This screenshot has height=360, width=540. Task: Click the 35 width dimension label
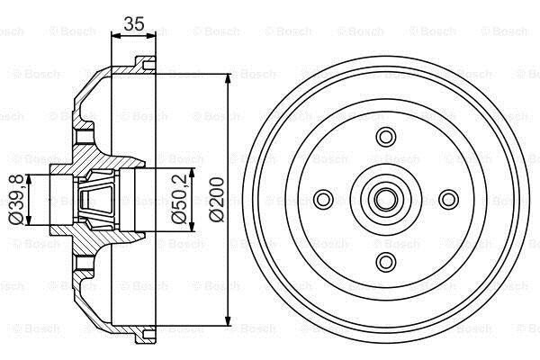pyautogui.click(x=134, y=23)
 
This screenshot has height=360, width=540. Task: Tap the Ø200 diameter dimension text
pyautogui.click(x=217, y=200)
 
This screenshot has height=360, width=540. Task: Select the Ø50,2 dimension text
pyautogui.click(x=179, y=200)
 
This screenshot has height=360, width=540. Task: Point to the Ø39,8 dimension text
pyautogui.click(x=16, y=200)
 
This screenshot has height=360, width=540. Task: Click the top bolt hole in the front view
pyautogui.click(x=386, y=137)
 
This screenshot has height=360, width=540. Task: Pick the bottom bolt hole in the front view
pyautogui.click(x=386, y=262)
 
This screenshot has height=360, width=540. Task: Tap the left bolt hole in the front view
pyautogui.click(x=323, y=199)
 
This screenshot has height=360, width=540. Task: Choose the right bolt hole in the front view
pyautogui.click(x=448, y=199)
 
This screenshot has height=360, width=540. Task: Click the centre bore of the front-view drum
pyautogui.click(x=386, y=199)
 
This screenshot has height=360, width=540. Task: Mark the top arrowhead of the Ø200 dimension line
pyautogui.click(x=228, y=79)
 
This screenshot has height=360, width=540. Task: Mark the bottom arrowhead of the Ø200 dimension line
pyautogui.click(x=228, y=319)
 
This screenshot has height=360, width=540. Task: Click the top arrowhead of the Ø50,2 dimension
pyautogui.click(x=192, y=174)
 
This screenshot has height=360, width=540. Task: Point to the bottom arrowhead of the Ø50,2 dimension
pyautogui.click(x=192, y=225)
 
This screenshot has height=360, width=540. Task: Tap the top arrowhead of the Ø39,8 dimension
pyautogui.click(x=29, y=180)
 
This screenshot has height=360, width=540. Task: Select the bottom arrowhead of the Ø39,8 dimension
pyautogui.click(x=29, y=220)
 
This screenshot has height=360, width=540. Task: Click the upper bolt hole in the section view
pyautogui.click(x=85, y=137)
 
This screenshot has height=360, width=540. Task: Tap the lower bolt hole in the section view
pyautogui.click(x=85, y=263)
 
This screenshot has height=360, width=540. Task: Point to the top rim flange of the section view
pyautogui.click(x=145, y=65)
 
